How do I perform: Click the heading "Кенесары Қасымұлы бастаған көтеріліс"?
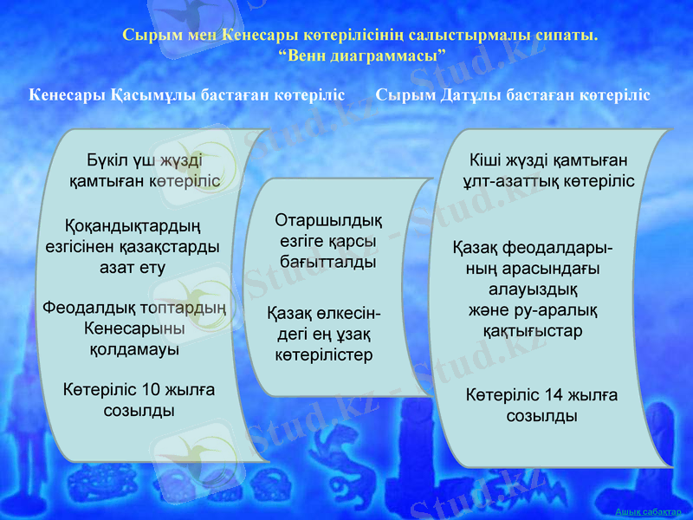[x=187, y=94]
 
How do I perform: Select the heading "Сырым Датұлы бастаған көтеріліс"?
[x=513, y=94]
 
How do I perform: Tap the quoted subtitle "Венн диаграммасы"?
[x=361, y=55]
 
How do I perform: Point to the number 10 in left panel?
[x=151, y=388]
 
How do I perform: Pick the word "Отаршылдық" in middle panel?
[x=328, y=219]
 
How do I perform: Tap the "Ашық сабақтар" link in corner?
[x=648, y=512]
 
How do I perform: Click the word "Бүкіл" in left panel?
[x=107, y=160]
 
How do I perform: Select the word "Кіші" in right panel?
[x=486, y=160]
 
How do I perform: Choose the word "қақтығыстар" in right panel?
[x=532, y=331]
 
